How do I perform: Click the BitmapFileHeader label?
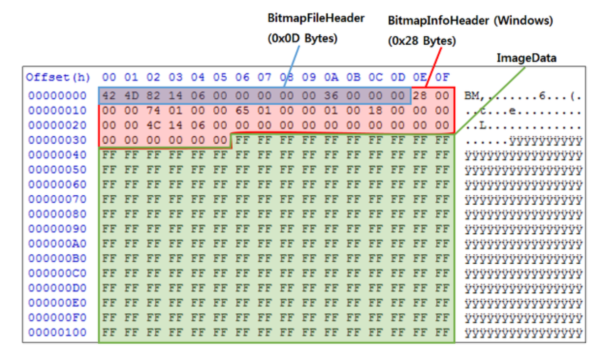(x=316, y=19)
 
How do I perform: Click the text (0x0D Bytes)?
(x=302, y=39)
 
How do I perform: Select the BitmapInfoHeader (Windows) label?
(x=470, y=21)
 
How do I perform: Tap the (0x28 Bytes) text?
(x=422, y=41)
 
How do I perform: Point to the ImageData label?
(x=526, y=58)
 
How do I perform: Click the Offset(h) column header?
(x=58, y=77)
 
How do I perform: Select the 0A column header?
(x=331, y=77)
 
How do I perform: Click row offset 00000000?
(x=57, y=96)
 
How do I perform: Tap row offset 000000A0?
(x=57, y=244)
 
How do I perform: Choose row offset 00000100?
(x=57, y=332)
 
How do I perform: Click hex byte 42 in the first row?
(x=109, y=96)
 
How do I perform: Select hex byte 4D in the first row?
(x=131, y=96)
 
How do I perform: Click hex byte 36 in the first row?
(x=331, y=96)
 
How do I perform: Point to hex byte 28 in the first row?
(x=420, y=96)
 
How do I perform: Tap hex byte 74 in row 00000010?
(x=153, y=110)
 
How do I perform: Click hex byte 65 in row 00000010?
(x=242, y=110)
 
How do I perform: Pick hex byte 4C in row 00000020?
(x=153, y=125)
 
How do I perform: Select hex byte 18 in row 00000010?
(x=375, y=110)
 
